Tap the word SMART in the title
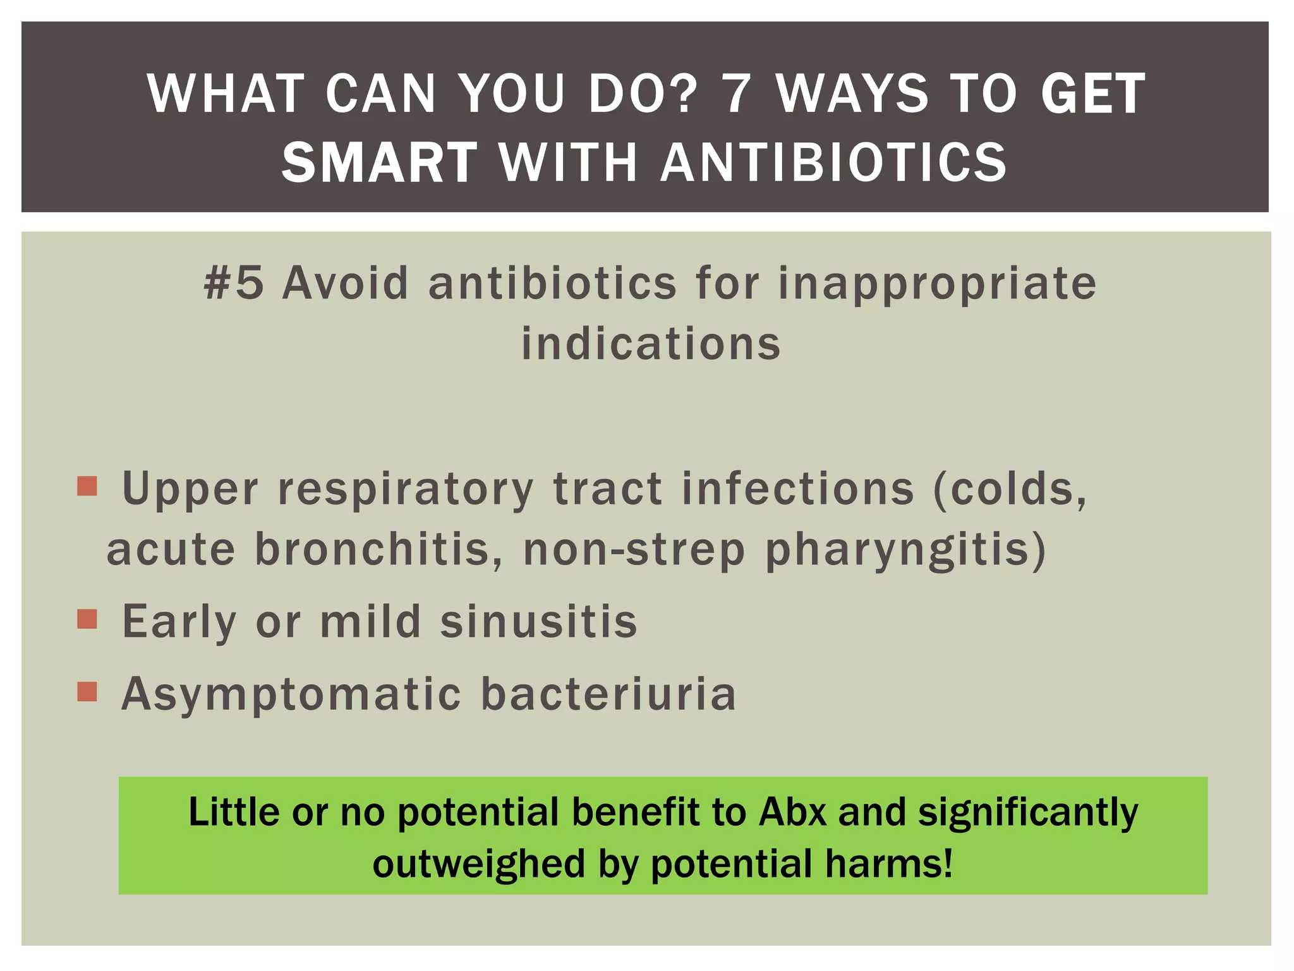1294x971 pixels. [x=379, y=162]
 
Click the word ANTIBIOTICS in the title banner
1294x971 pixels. [x=833, y=162]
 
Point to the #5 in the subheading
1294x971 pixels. [x=234, y=283]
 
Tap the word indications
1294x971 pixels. [x=651, y=344]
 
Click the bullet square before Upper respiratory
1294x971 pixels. [x=87, y=486]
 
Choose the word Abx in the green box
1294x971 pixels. [x=792, y=812]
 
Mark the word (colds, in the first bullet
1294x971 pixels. [x=1010, y=489]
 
